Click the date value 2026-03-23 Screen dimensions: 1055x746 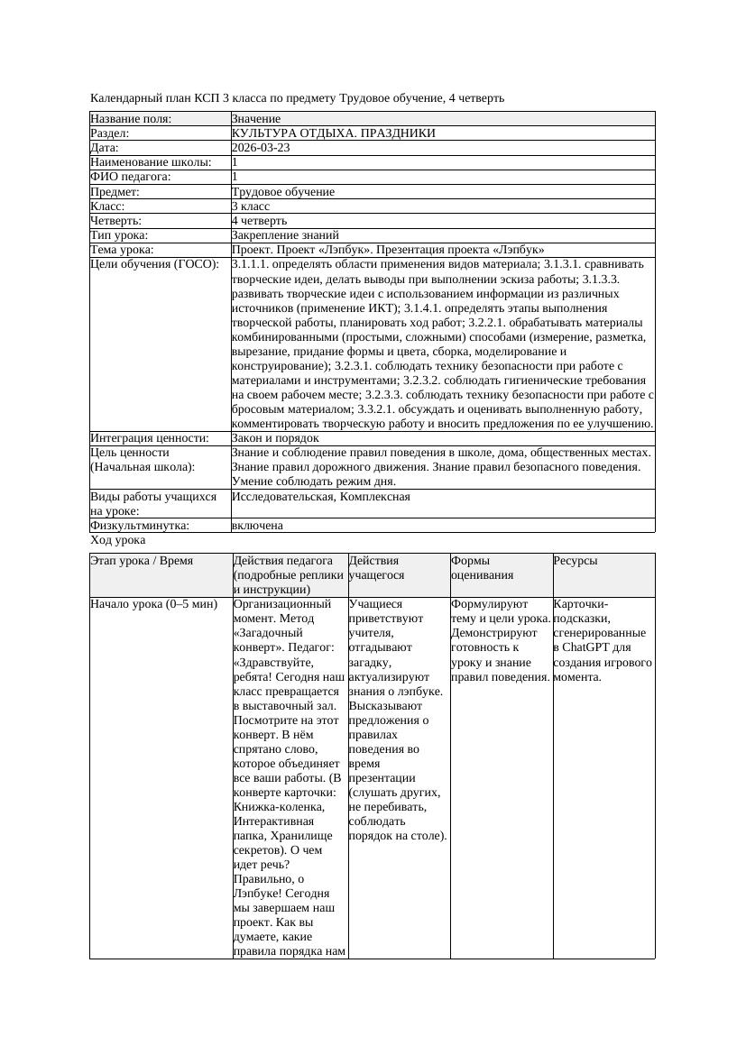(261, 148)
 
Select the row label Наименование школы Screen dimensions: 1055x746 (151, 162)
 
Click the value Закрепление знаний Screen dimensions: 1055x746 (272, 234)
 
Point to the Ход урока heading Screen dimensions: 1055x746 (117, 540)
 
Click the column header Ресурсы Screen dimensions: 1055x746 (576, 561)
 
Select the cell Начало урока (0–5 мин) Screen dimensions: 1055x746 (154, 604)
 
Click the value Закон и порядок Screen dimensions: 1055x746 (274, 438)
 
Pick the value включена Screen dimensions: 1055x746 (257, 525)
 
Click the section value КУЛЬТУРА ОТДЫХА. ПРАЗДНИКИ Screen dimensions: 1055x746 (333, 133)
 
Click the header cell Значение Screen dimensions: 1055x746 (255, 119)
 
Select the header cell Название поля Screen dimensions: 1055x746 (131, 119)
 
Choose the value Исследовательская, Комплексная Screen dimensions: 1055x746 (320, 497)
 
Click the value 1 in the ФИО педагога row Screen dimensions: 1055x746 (235, 177)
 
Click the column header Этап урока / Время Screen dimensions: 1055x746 (142, 561)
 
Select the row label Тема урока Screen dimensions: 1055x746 (122, 250)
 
